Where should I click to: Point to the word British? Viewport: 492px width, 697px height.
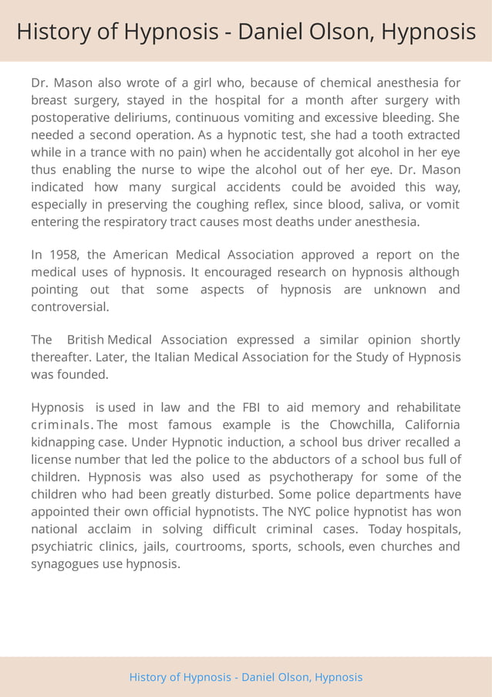pyautogui.click(x=86, y=340)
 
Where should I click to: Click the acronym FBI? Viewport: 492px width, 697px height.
pyautogui.click(x=253, y=408)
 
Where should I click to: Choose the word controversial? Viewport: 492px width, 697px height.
pyautogui.click(x=69, y=306)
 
